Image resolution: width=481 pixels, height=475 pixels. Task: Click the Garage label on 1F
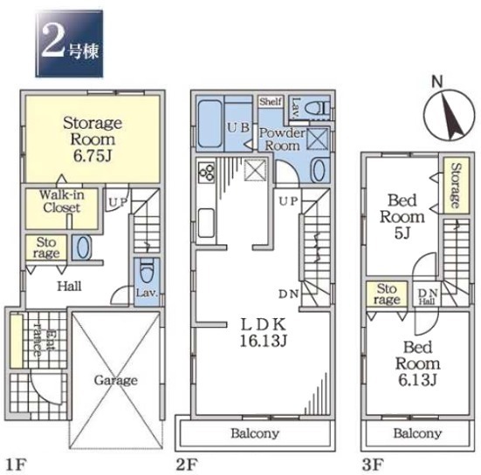[x=115, y=380]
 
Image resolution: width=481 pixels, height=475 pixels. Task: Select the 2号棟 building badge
[x=69, y=44]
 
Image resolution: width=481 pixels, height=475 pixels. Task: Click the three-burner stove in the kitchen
[x=206, y=172]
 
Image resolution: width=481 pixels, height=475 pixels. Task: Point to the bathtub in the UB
[x=210, y=124]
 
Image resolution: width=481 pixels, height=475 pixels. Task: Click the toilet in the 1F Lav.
[x=147, y=270]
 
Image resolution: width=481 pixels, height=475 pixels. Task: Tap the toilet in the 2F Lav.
[x=317, y=109]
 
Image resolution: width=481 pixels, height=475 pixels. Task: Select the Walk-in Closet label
[x=62, y=201]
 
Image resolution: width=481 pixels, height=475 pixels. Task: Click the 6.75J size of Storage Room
[x=92, y=156]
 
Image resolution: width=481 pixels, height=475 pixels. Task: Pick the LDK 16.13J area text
[x=264, y=333]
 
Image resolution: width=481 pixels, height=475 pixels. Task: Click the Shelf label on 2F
[x=271, y=102]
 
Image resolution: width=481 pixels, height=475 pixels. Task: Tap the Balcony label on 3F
[x=417, y=433]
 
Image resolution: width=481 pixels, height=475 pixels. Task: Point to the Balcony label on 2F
[x=255, y=433]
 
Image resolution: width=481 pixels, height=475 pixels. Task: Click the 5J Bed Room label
[x=402, y=217]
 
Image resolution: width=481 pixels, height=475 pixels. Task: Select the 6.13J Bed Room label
[x=417, y=363]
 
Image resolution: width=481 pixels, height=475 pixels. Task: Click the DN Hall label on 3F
[x=428, y=296]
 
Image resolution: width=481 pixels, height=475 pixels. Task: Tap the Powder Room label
[x=282, y=139]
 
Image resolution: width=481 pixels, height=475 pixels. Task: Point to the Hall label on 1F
[x=70, y=287]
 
